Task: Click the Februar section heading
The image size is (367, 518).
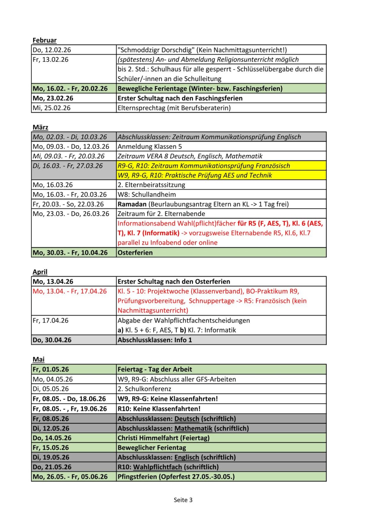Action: (44, 40)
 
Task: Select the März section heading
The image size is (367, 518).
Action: (40, 127)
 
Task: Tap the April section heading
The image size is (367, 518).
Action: (40, 272)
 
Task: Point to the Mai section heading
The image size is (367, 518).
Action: (38, 359)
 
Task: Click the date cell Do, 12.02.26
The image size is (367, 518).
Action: (52, 50)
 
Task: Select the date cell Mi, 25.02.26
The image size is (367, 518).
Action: (51, 108)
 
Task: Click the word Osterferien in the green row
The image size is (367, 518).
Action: (135, 252)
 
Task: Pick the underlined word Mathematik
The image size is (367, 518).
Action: (193, 428)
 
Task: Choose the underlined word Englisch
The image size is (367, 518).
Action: (187, 457)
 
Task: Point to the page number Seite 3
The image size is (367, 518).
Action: (183, 500)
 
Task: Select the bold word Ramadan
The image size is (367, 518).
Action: (132, 204)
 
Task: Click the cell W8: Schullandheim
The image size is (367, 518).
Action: (146, 194)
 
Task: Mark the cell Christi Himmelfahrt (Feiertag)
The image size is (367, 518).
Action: (163, 438)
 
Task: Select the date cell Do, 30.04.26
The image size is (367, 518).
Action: (52, 340)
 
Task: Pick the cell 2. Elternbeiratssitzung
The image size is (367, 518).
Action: (151, 185)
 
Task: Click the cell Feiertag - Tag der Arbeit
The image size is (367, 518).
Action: (155, 369)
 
